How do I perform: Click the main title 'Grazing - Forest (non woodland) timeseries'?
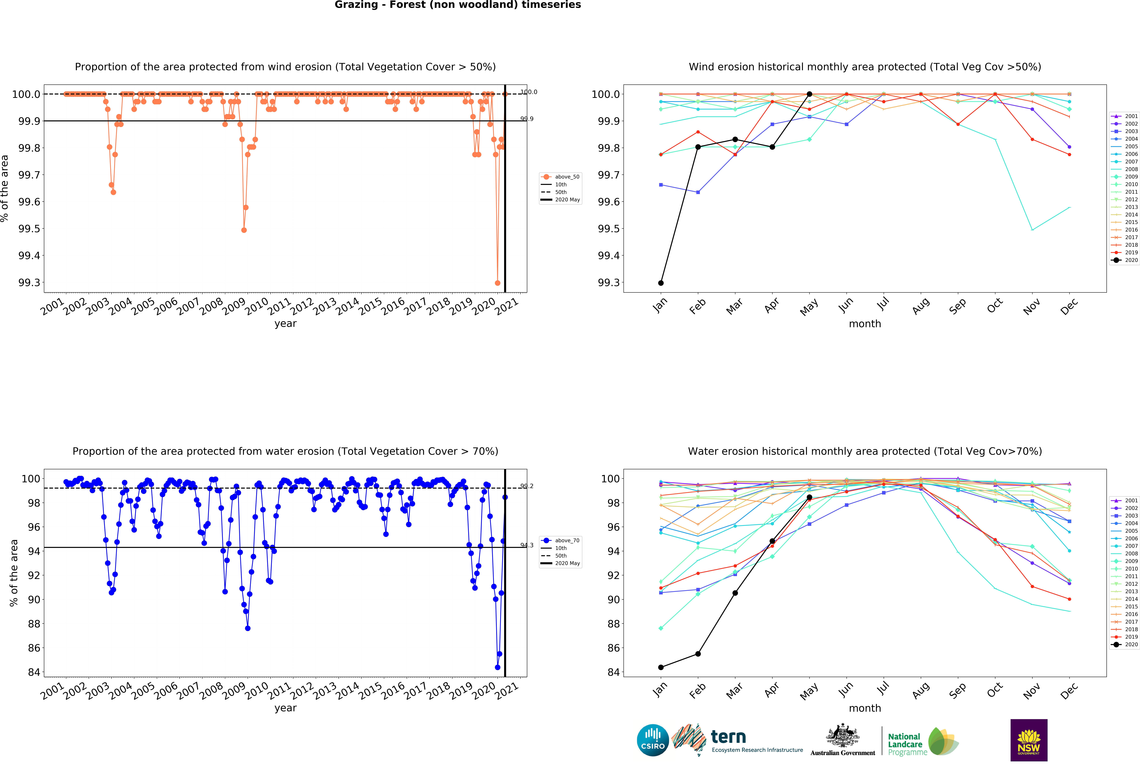click(458, 5)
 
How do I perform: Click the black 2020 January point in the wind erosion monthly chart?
click(661, 283)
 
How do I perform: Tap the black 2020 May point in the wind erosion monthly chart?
click(809, 94)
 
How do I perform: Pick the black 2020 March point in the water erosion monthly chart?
click(735, 593)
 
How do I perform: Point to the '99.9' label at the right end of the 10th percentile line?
click(527, 119)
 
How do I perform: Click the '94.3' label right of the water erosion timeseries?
click(527, 545)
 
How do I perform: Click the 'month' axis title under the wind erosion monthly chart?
click(865, 324)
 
